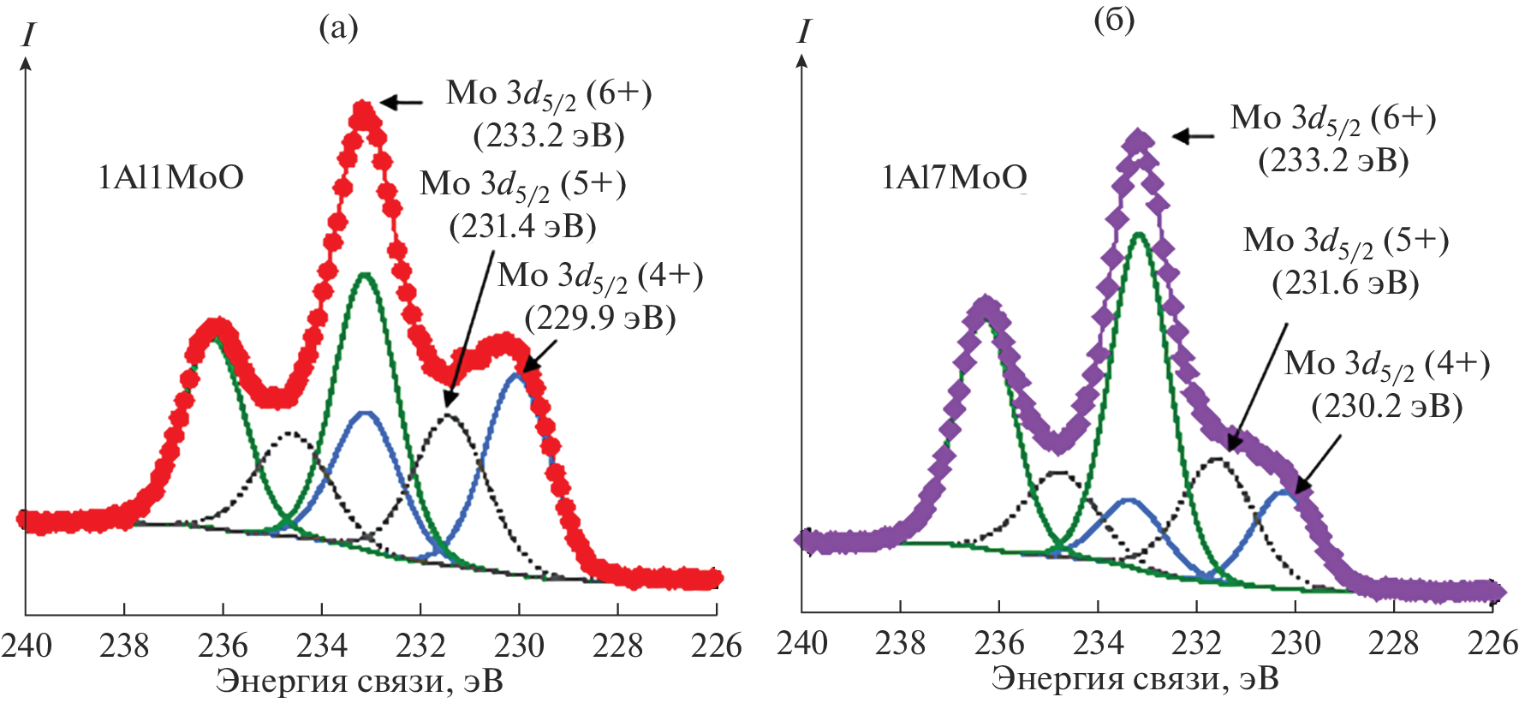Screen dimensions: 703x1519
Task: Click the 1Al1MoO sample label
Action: click(171, 178)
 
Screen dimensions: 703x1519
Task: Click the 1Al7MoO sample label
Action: click(954, 178)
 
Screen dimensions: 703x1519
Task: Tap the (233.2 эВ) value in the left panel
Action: click(549, 135)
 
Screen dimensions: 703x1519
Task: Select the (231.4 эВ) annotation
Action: click(522, 226)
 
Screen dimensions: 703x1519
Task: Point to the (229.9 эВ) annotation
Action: click(599, 318)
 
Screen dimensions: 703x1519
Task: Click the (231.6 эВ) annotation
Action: click(1345, 283)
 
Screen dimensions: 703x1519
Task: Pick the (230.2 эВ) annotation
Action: click(1386, 406)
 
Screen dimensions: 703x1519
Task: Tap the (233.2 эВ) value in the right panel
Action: click(1333, 160)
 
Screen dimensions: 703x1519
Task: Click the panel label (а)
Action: click(338, 28)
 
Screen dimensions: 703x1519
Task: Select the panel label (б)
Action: click(1114, 21)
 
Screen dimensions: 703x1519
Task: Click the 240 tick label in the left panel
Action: click(27, 645)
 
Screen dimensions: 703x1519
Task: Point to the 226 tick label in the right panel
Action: click(1492, 643)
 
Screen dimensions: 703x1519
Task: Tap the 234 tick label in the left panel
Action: click(322, 645)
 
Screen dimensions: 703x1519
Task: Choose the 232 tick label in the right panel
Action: click(1196, 643)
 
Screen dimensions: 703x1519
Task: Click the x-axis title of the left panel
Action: click(359, 682)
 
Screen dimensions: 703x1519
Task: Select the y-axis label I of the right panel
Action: click(802, 33)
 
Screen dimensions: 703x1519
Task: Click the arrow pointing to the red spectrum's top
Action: click(401, 103)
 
